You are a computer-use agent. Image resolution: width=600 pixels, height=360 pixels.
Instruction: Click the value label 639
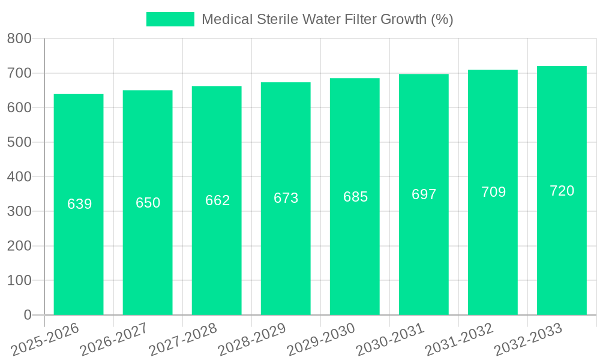(x=80, y=204)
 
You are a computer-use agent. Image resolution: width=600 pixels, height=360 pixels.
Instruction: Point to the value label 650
(x=148, y=203)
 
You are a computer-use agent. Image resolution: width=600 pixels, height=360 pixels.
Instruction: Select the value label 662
(x=218, y=200)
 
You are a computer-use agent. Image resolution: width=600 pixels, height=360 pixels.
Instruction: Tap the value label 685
(x=356, y=197)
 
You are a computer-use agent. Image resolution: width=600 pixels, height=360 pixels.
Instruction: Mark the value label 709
(x=494, y=192)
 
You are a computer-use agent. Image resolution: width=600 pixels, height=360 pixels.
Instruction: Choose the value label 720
(x=562, y=191)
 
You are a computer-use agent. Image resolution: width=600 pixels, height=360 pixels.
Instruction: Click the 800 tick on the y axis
(x=19, y=39)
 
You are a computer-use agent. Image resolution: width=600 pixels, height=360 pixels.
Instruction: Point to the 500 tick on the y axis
(x=19, y=142)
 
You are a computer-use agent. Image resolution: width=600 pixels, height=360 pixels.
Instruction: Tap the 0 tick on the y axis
(x=27, y=315)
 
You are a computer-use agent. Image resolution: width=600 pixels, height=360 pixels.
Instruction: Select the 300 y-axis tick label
(x=19, y=211)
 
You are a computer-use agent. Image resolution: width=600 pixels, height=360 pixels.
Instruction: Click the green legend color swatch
(x=170, y=19)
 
